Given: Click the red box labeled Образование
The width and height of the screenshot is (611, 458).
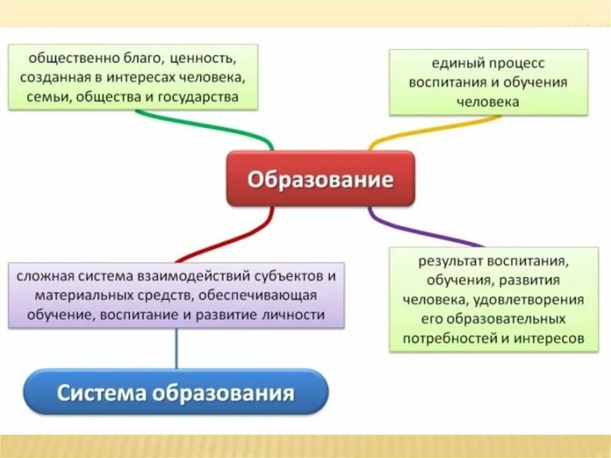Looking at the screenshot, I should click(320, 179).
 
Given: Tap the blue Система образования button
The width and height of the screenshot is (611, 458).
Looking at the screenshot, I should click(176, 392).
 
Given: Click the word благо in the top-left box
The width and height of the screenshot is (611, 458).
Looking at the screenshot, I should click(144, 60).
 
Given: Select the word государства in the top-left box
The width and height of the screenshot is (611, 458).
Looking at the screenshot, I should click(199, 97).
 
